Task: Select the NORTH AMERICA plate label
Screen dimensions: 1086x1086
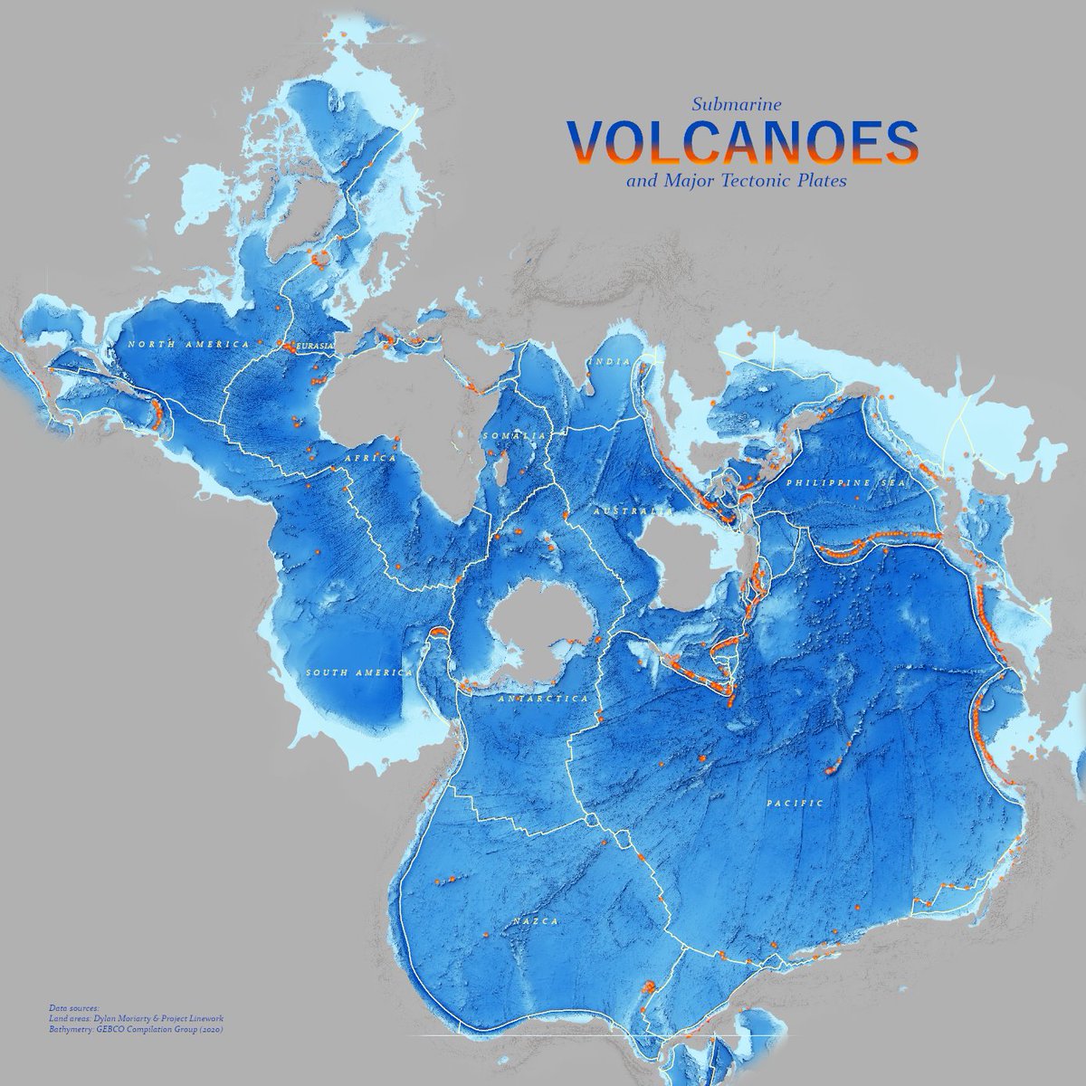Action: click(x=188, y=345)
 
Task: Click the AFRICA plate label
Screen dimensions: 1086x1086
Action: click(x=369, y=459)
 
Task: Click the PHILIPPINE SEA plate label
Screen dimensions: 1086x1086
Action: click(x=845, y=484)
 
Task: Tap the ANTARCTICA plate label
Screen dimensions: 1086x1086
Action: click(x=544, y=699)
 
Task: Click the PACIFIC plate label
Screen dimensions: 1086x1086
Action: click(x=795, y=803)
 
